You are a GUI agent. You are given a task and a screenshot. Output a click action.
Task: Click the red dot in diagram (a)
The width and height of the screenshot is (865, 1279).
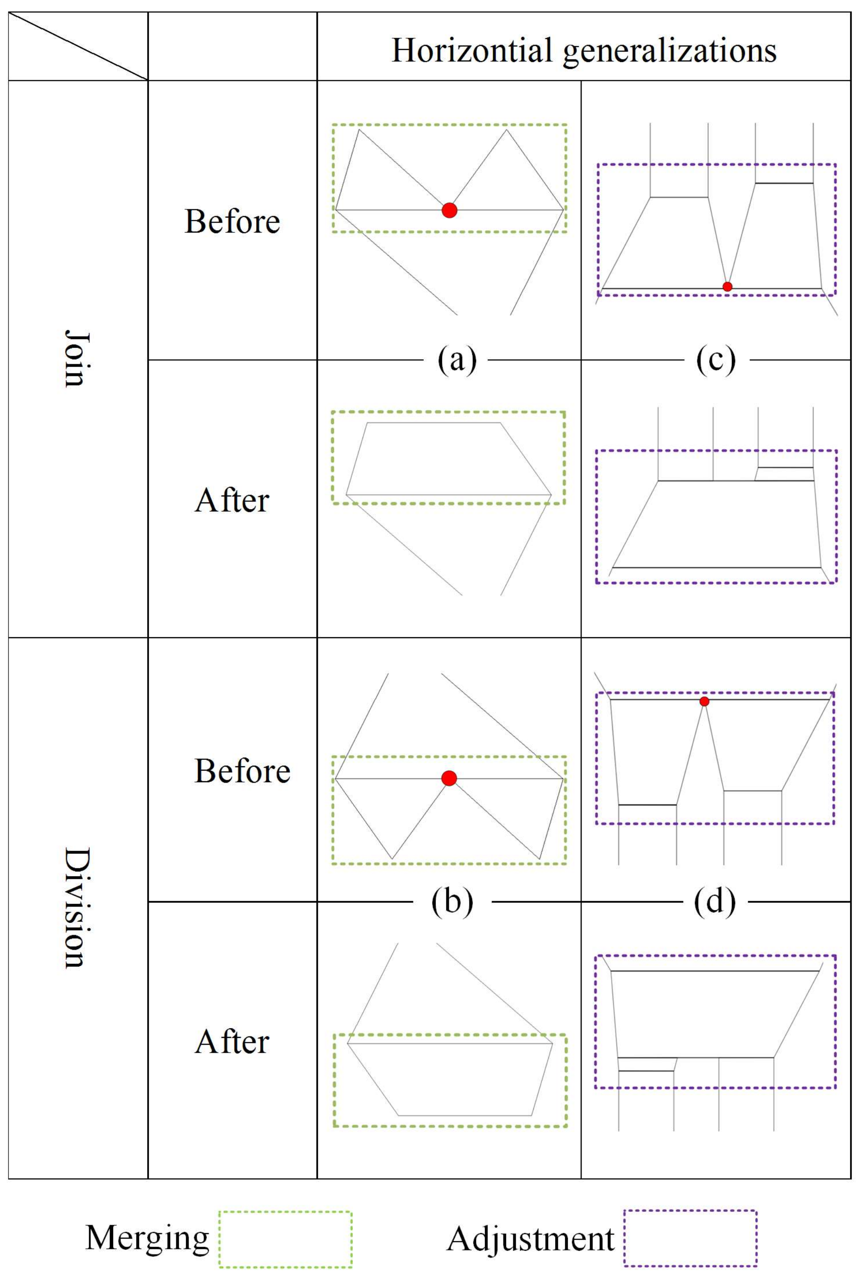449,210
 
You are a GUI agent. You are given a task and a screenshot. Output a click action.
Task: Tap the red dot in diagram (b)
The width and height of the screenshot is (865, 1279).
449,778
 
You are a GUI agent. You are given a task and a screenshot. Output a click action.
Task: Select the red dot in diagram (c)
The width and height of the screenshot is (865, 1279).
727,286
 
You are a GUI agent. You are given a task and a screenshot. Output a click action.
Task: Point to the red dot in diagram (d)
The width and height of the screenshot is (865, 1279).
704,701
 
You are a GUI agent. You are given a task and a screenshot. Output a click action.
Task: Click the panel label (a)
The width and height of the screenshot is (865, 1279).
457,361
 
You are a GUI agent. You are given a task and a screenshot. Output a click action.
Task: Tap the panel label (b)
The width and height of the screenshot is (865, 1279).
452,902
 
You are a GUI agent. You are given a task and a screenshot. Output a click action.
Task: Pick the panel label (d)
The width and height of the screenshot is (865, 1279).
715,902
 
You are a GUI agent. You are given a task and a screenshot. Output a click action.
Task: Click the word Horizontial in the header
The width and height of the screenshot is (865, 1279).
472,50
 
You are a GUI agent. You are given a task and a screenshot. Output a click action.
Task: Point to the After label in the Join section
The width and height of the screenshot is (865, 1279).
232,501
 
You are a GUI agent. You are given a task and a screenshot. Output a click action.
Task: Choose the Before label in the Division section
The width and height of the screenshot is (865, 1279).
242,771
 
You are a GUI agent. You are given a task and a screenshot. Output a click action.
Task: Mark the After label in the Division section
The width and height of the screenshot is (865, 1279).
232,1042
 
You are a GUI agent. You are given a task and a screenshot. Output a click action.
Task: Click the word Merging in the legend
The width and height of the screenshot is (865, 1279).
148,1238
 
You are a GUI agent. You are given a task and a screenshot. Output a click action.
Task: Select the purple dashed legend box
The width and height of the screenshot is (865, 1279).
691,1238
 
